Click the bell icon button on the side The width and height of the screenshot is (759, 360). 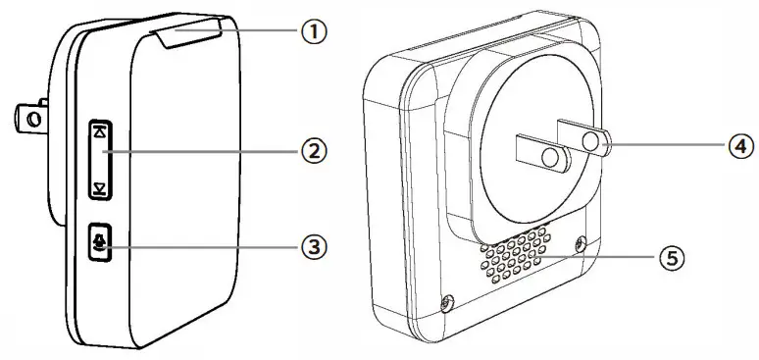[100, 243]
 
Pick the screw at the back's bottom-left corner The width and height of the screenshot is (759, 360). [448, 302]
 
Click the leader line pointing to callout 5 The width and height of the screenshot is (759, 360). [598, 257]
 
